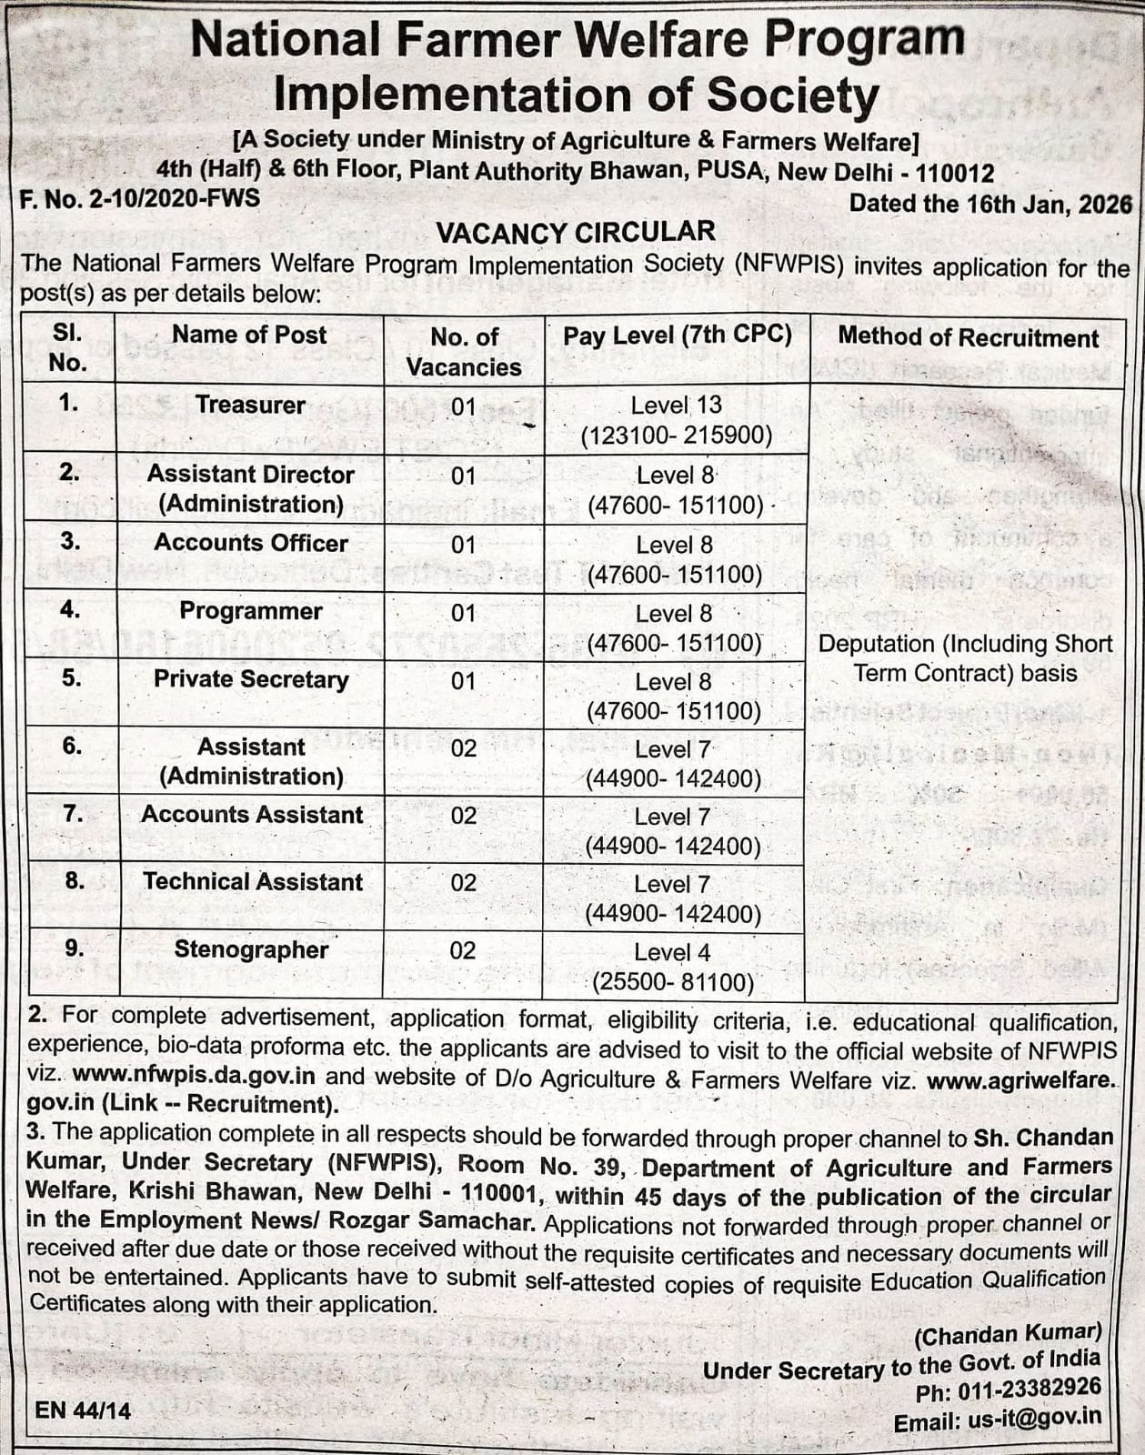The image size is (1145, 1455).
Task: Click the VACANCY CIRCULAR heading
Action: [576, 232]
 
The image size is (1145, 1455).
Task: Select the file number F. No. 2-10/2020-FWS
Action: [140, 198]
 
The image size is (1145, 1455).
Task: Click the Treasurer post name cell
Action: [250, 405]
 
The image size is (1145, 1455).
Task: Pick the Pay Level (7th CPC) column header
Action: [677, 335]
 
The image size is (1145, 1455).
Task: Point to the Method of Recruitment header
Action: [968, 337]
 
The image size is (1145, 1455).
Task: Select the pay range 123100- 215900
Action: [677, 436]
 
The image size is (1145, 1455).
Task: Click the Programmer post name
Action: [250, 610]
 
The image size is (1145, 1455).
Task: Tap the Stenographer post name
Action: [251, 949]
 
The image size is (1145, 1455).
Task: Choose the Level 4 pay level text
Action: [672, 952]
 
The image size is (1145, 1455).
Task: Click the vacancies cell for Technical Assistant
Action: [463, 883]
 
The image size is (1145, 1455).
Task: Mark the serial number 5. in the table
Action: [72, 678]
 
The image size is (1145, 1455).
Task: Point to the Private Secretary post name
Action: [251, 679]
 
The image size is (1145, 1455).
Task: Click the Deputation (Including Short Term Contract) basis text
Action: [965, 657]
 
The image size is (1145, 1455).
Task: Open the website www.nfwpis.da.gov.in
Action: [194, 1075]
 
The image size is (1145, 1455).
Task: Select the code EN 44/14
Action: [83, 1410]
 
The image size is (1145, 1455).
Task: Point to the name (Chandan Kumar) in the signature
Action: [1008, 1334]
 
